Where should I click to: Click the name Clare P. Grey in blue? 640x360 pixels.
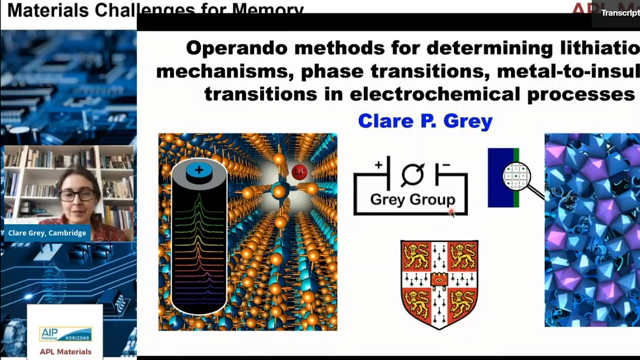425,121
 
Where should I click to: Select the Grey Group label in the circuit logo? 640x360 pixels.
413,199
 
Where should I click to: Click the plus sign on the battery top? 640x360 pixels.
199,170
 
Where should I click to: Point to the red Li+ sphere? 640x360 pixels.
298,172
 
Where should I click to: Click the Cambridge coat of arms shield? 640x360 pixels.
439,283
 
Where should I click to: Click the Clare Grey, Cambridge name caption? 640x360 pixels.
47,233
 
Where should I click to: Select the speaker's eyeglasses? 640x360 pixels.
77,195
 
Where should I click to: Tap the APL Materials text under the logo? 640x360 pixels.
65,351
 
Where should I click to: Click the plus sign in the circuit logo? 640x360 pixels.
379,164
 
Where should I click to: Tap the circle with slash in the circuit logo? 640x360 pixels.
412,174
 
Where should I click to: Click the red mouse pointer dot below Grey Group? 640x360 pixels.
451,212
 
